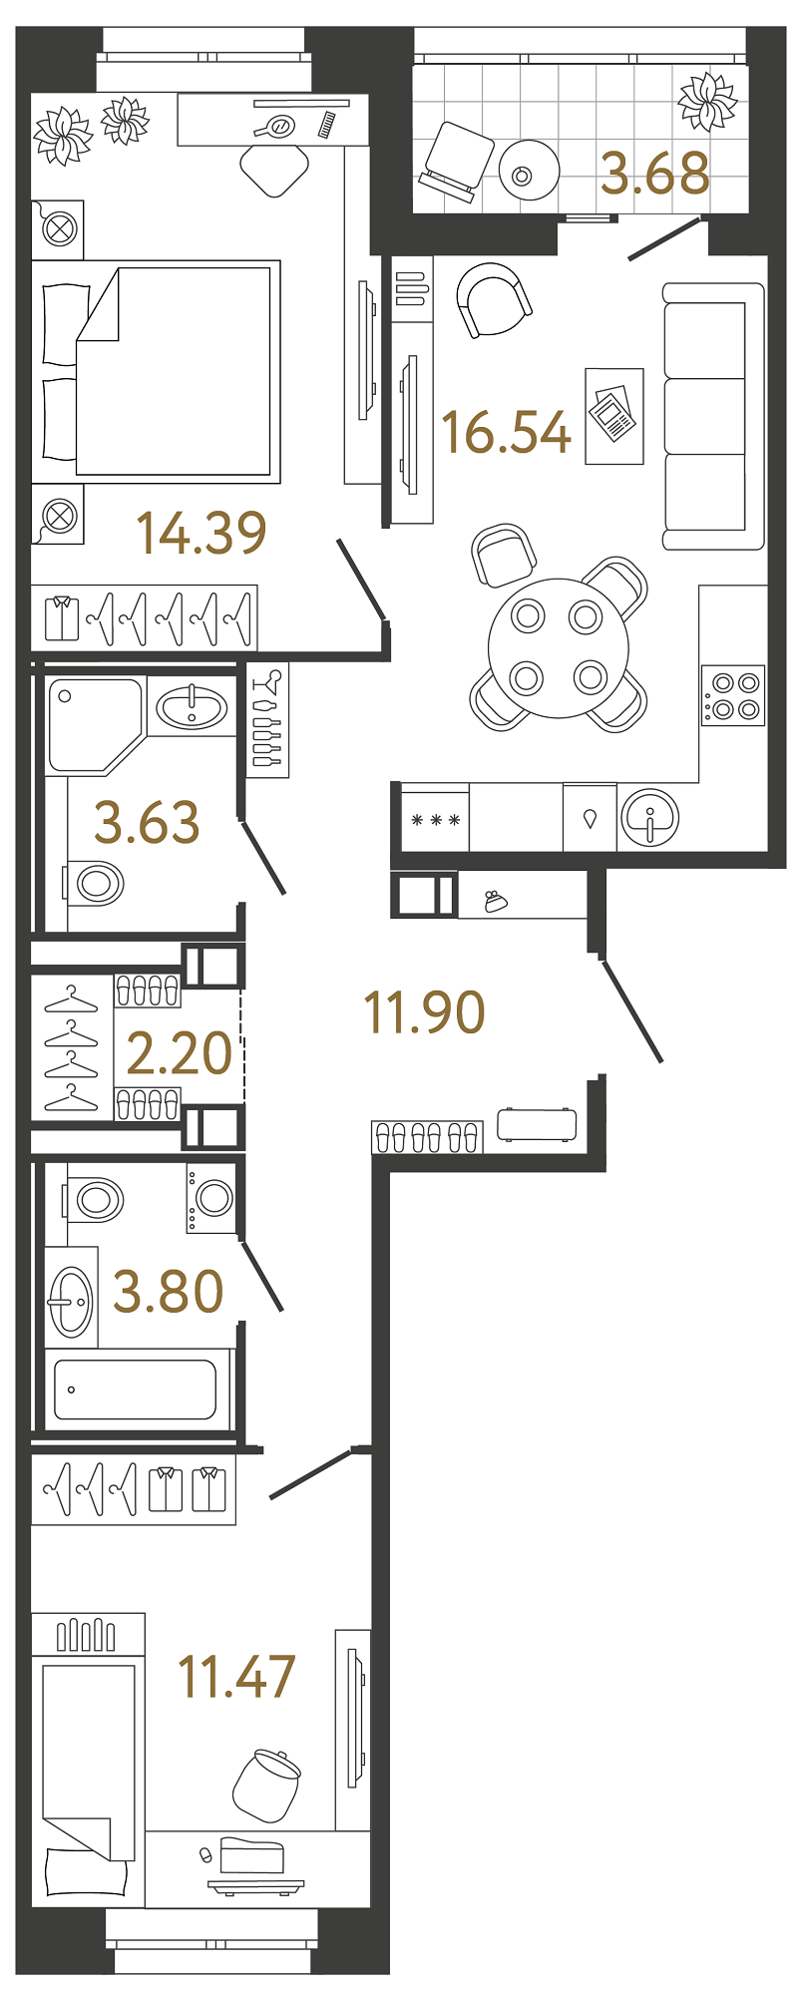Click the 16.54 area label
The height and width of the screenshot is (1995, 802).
[506, 433]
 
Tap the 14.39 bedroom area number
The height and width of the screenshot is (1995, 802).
[201, 533]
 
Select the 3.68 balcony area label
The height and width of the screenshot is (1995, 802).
[655, 174]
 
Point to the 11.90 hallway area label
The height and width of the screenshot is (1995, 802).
[425, 1012]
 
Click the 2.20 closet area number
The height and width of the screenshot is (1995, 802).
[180, 1053]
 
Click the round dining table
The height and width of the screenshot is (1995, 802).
[559, 647]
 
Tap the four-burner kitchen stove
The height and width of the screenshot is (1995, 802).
[732, 695]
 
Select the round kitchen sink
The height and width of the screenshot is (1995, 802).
[649, 818]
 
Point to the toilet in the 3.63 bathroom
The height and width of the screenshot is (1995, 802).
[96, 883]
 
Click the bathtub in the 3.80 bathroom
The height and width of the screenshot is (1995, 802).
[135, 1389]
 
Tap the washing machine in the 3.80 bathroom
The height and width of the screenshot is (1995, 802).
[211, 1197]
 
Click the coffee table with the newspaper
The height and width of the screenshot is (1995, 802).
[613, 415]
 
